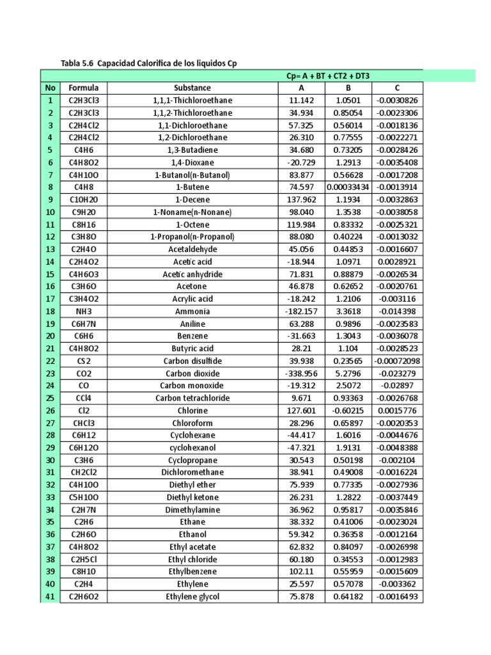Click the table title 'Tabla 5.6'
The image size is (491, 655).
[78, 63]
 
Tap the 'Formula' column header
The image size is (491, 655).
[84, 88]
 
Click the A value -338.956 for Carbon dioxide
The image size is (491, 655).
[301, 373]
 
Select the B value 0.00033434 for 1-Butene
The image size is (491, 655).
[348, 187]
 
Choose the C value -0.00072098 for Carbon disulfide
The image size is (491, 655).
[397, 361]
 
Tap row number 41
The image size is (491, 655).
[50, 596]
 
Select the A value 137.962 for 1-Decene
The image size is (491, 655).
[301, 200]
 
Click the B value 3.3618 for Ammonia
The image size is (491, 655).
[348, 311]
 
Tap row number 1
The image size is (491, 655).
[50, 100]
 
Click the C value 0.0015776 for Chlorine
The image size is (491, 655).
[397, 410]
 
